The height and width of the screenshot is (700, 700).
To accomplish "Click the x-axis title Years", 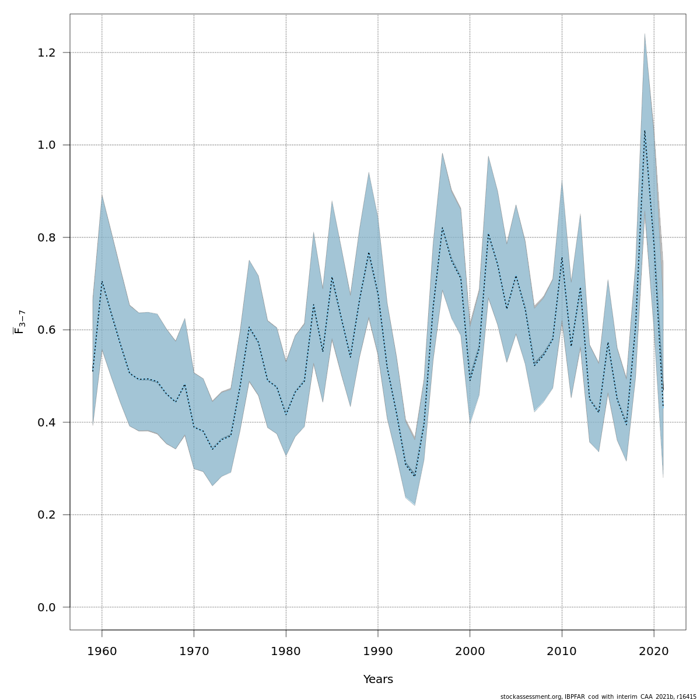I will point(378,680).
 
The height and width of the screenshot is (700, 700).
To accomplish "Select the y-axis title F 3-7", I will point(19,322).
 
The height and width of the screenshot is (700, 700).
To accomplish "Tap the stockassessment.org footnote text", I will point(598,696).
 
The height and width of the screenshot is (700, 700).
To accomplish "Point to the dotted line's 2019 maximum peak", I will point(645,131).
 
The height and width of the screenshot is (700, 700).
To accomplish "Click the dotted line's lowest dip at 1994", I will point(415,476).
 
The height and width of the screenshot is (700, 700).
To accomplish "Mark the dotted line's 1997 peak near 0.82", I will point(442,228).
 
